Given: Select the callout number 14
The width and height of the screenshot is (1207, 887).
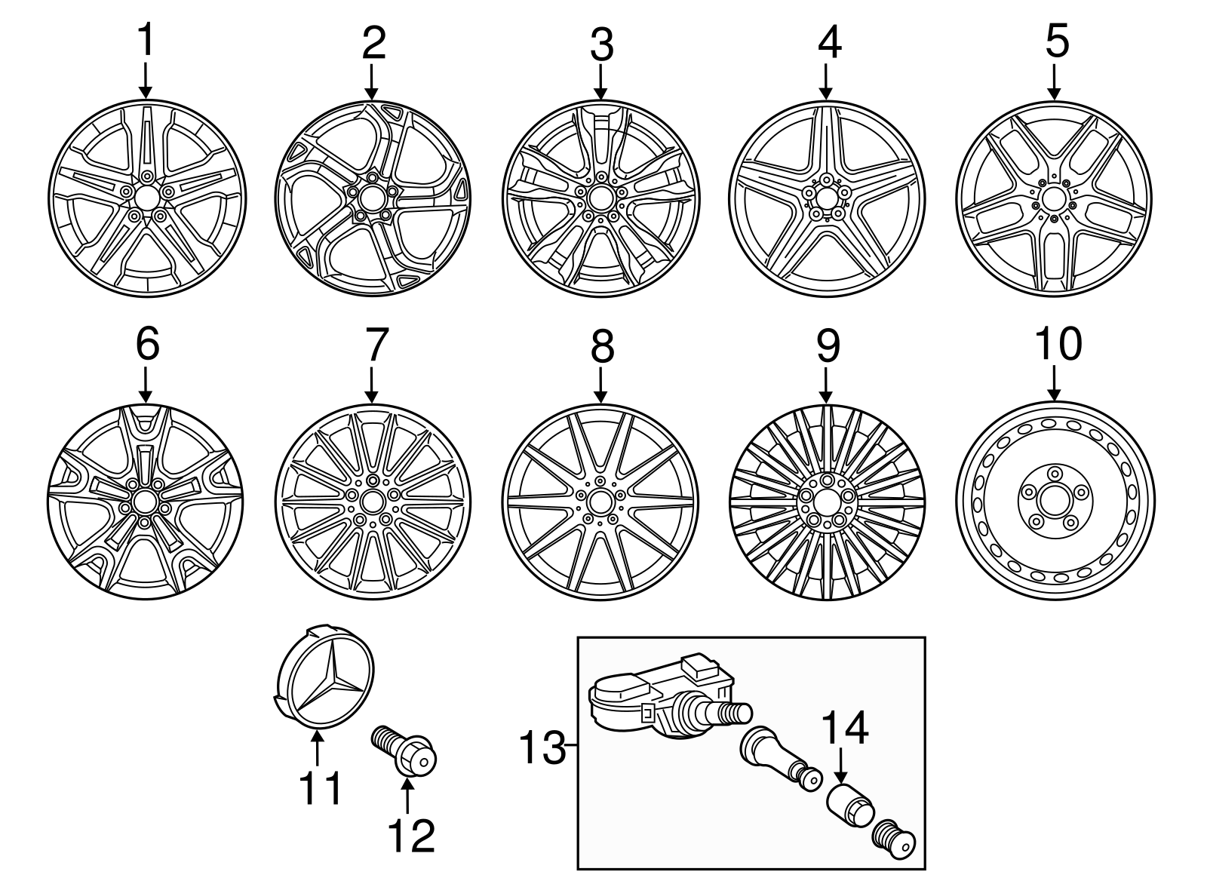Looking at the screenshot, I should [x=845, y=727].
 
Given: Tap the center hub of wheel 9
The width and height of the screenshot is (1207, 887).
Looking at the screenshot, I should [x=826, y=502].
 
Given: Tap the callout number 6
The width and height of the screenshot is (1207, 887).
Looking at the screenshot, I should [x=147, y=345].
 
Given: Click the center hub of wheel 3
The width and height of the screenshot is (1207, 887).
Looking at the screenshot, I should [x=600, y=198].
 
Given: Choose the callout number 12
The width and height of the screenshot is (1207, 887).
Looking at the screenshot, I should [x=412, y=835].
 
